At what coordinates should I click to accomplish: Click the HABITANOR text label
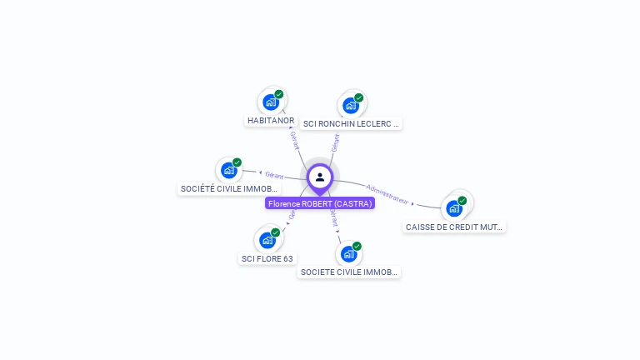click(271, 121)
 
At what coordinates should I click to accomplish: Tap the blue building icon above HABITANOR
click(270, 102)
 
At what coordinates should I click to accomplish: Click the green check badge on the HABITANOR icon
click(279, 94)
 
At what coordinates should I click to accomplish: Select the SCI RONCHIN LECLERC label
click(351, 124)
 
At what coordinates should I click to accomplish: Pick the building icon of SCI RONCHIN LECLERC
click(350, 105)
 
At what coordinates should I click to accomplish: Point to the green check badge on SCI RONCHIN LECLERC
click(359, 97)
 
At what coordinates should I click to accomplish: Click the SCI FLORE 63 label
click(267, 258)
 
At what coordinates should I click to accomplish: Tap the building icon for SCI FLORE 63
click(267, 240)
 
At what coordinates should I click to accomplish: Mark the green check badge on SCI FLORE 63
click(276, 232)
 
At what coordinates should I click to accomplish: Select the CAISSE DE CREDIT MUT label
click(454, 227)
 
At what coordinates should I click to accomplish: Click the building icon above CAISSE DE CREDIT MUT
click(453, 207)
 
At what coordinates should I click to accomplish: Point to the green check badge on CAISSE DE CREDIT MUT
click(462, 200)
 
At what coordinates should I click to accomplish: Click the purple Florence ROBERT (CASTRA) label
click(320, 203)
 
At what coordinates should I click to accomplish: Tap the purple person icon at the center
click(320, 177)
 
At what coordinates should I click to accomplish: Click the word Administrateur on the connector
click(388, 194)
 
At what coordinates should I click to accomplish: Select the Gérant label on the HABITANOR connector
click(294, 139)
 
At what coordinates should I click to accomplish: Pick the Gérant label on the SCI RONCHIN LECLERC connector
click(335, 142)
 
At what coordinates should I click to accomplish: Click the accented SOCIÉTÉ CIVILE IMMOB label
click(230, 189)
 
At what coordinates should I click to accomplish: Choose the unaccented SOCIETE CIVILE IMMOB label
click(349, 272)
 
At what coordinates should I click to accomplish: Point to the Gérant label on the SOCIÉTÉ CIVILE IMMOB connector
click(274, 175)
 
